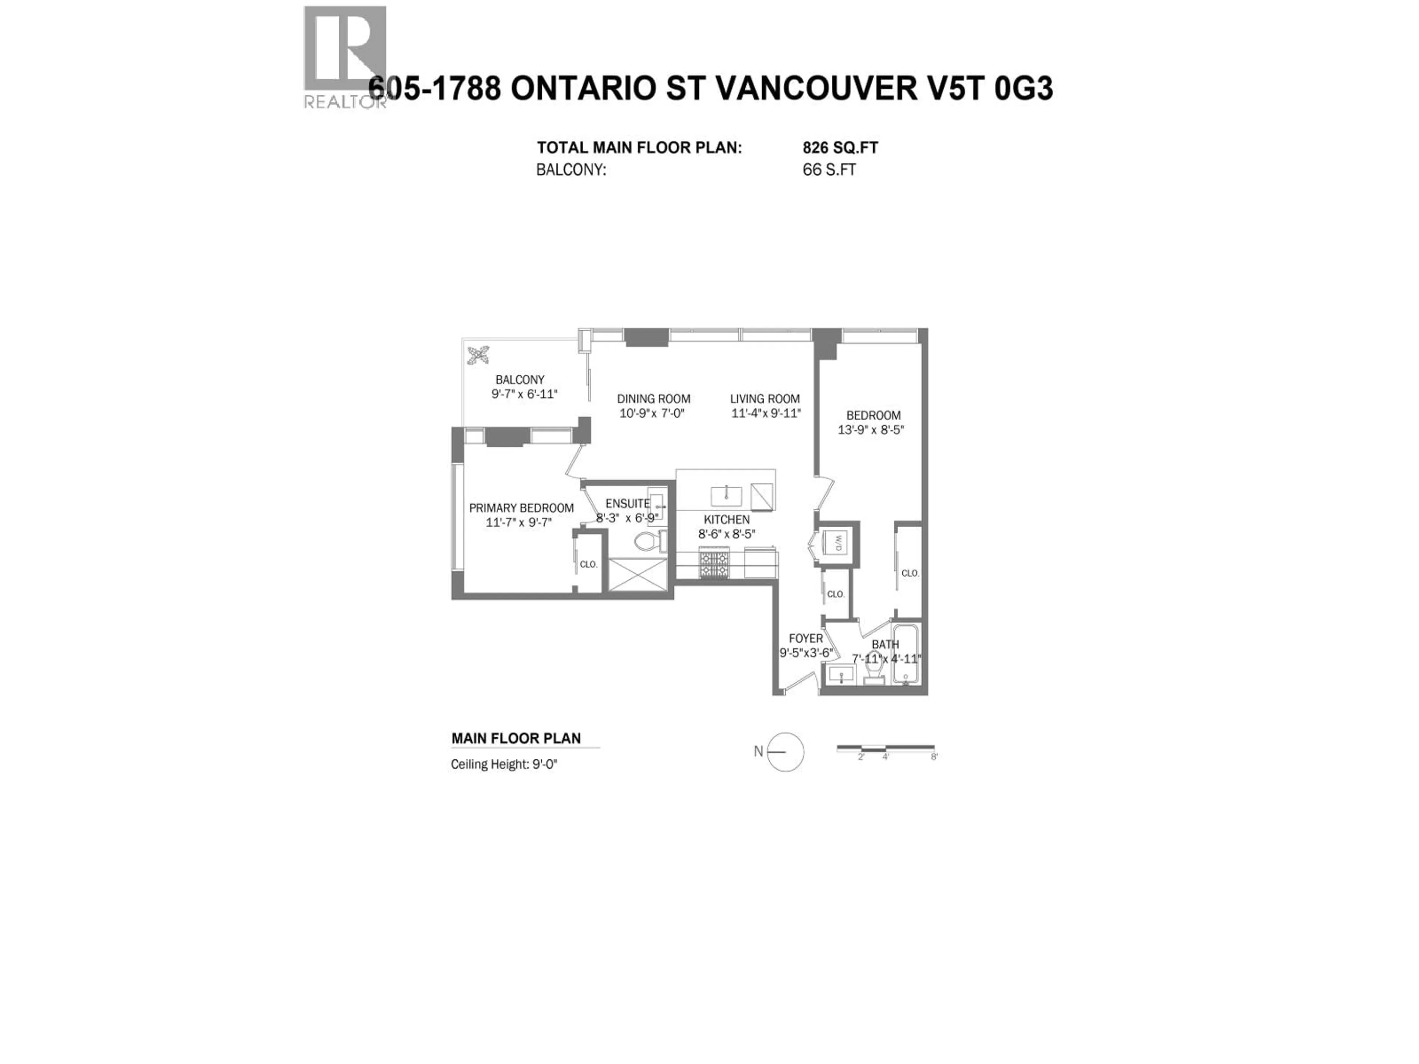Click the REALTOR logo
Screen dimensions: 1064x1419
tap(345, 57)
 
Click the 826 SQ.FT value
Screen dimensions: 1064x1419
tap(840, 148)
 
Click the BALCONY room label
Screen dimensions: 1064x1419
tap(520, 380)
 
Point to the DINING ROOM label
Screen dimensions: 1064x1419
tap(653, 399)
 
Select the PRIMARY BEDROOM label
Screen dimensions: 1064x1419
tap(521, 508)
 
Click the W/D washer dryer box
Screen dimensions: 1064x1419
tap(838, 543)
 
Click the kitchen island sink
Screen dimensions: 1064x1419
tap(726, 496)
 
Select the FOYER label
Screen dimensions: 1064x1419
tap(806, 639)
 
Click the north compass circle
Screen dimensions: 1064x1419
tap(785, 752)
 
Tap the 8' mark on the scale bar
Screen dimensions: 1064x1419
tap(934, 757)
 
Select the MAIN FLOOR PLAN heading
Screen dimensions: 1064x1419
tap(516, 738)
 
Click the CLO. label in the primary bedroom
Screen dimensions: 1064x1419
tap(588, 565)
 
